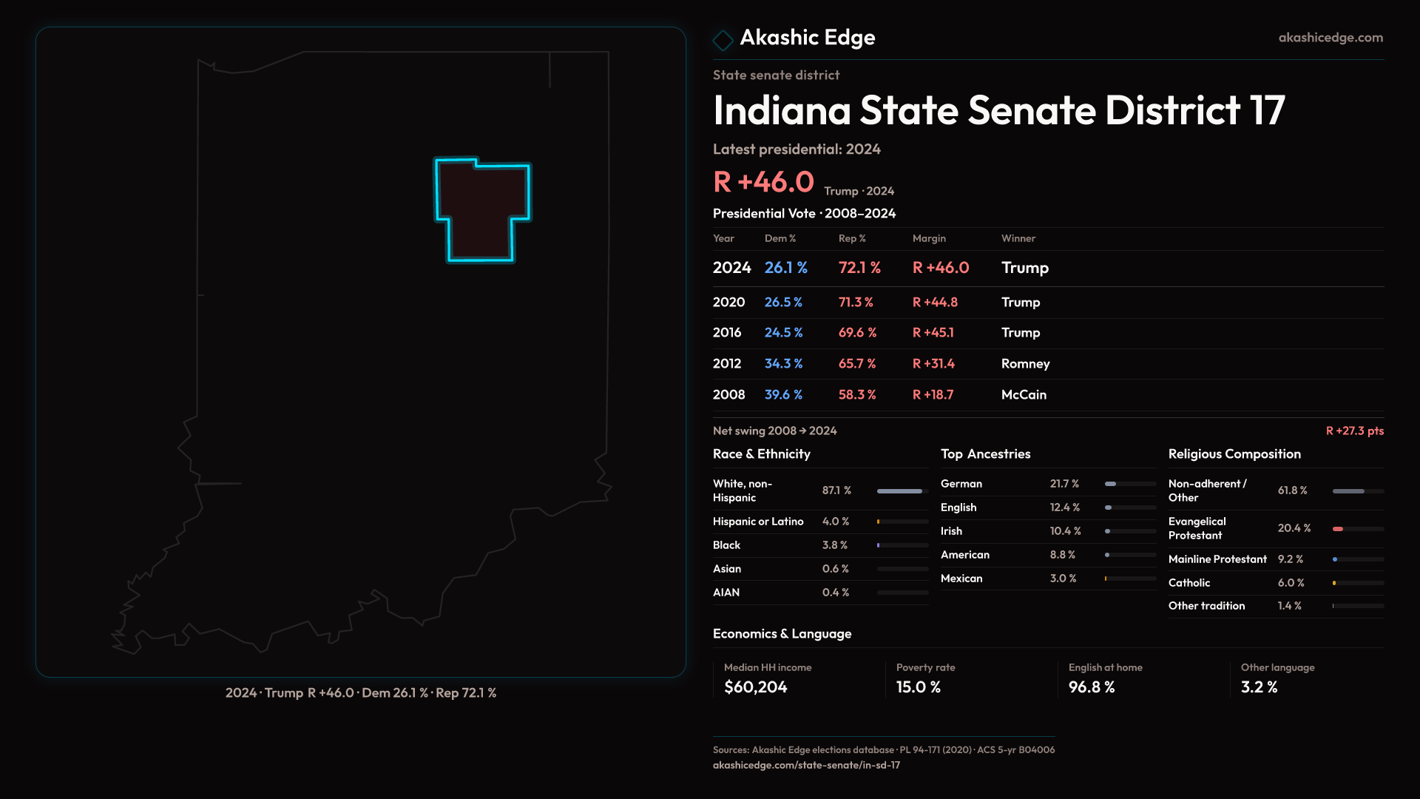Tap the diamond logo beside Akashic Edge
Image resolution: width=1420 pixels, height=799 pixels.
[723, 39]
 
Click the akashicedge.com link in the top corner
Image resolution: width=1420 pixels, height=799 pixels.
[1331, 37]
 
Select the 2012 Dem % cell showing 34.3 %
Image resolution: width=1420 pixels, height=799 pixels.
[783, 363]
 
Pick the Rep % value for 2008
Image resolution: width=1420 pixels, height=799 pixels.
[857, 394]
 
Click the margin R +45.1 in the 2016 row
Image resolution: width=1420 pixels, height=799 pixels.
[933, 332]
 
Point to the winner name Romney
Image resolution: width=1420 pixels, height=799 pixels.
[1025, 363]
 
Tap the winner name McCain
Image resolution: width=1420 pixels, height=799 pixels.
[1024, 394]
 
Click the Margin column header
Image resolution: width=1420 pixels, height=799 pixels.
[929, 238]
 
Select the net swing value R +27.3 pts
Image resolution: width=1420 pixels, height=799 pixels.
[1354, 431]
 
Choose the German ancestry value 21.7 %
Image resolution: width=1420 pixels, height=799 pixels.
[1064, 483]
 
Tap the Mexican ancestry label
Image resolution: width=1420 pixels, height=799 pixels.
[961, 578]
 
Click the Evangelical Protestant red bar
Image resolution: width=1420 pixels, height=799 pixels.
[1338, 528]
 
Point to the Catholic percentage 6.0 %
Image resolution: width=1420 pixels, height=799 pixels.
[1291, 582]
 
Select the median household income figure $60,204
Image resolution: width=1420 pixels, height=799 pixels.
[755, 687]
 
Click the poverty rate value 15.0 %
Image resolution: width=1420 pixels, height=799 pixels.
[918, 687]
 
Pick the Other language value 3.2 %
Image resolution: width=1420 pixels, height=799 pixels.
[1259, 687]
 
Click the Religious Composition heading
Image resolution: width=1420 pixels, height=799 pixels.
[1234, 454]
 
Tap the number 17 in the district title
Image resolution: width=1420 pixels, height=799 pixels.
[1267, 110]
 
